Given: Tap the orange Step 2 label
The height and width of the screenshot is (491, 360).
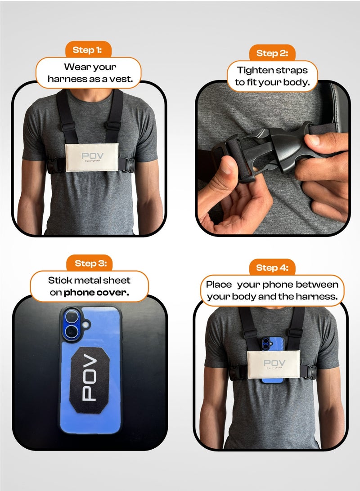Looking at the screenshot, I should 272,53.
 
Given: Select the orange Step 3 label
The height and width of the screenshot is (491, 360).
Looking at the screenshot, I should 90,263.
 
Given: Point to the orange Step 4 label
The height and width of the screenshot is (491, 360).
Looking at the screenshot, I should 272,268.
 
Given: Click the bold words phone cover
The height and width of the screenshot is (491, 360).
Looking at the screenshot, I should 96,293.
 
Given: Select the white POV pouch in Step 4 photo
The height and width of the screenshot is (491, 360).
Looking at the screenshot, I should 273,365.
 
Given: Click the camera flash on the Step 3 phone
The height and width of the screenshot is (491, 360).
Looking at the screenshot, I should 85,323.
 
